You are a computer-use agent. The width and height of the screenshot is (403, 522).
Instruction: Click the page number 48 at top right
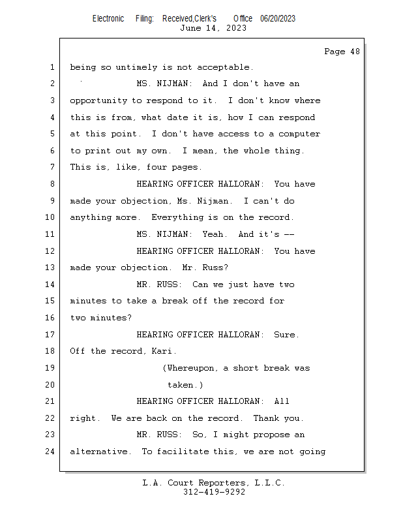tap(355, 52)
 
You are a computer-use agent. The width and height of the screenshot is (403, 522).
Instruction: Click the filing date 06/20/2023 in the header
tap(278, 19)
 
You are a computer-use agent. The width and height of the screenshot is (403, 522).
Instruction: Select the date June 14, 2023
tap(213, 28)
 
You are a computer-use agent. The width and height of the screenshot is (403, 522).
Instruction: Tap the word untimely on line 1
tap(136, 68)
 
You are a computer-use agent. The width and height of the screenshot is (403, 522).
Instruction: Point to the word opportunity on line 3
tap(98, 101)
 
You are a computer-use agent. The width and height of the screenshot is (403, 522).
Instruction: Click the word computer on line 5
tap(299, 134)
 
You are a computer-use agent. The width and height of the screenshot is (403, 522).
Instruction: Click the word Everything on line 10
tap(177, 218)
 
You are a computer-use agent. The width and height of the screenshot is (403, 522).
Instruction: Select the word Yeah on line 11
tap(213, 234)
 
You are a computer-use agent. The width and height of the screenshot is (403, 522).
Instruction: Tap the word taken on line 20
tap(180, 385)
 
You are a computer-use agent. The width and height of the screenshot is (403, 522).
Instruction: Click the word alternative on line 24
tap(98, 452)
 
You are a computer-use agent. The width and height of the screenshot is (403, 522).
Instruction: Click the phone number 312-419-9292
tap(214, 492)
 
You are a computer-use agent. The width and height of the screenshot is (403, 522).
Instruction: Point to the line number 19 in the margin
tap(50, 368)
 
